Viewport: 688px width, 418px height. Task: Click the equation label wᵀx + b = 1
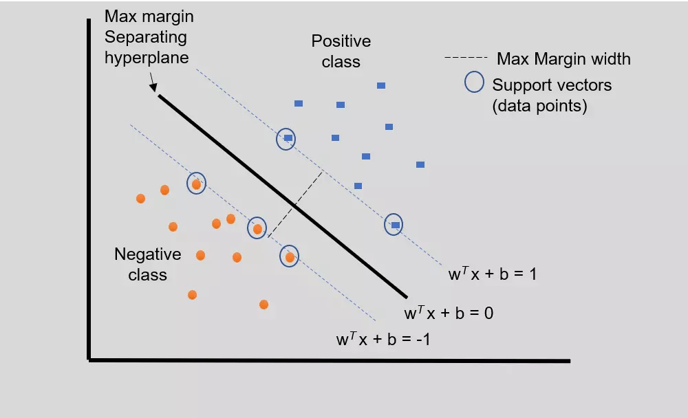pos(492,274)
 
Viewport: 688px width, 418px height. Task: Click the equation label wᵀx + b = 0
pos(449,313)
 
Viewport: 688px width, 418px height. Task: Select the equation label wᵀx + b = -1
pos(383,338)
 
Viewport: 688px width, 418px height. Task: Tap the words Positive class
pos(341,51)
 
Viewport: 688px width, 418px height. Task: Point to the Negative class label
pos(147,264)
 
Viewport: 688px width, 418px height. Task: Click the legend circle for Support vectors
pos(474,82)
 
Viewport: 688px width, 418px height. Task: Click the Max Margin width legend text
pos(563,58)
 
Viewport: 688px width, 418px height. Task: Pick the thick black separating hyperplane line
pos(282,192)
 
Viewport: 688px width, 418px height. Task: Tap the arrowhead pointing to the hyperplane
pos(154,87)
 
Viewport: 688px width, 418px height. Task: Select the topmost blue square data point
pos(381,86)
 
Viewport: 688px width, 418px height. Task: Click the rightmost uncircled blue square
pos(420,164)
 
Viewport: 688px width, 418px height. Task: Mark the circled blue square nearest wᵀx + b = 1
pos(395,224)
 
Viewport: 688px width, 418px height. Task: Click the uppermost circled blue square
pos(288,138)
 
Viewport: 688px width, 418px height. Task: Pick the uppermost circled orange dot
pos(197,184)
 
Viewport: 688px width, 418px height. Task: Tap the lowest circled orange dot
pos(290,256)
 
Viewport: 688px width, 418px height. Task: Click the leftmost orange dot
pos(140,199)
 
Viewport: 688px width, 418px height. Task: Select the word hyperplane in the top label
pos(147,58)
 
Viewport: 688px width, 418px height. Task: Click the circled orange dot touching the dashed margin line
pos(257,228)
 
